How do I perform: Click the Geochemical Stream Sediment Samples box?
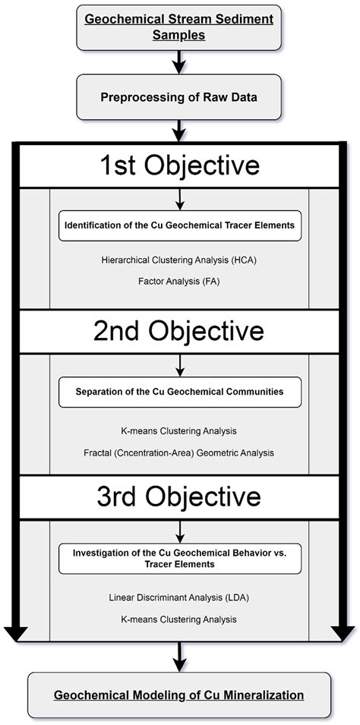point(180,27)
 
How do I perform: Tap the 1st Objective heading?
point(179,166)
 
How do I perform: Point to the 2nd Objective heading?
point(179,331)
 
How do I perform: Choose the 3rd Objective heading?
point(179,496)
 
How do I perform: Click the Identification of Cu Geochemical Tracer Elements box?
point(179,225)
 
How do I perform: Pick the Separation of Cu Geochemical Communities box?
point(179,392)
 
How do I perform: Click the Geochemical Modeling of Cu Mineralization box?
point(180,695)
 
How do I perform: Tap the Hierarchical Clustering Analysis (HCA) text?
point(179,260)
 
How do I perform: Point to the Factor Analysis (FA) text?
point(179,281)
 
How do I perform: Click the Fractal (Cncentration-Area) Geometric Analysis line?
point(179,452)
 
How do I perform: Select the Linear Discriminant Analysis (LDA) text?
point(179,597)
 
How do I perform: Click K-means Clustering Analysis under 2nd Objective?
point(179,430)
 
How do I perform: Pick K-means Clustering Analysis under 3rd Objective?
point(179,619)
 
